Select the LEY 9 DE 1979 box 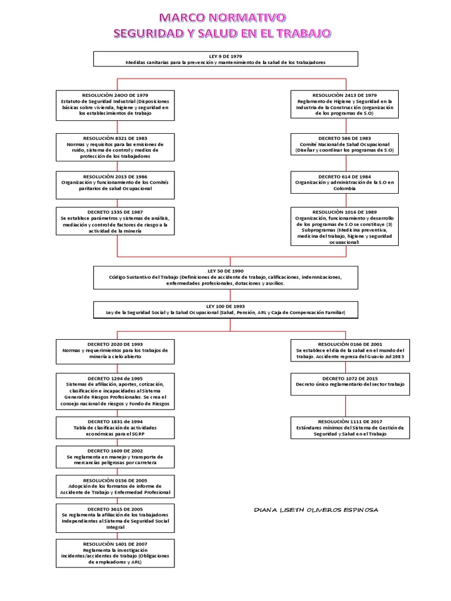(x=225, y=59)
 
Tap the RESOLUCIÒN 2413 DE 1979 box (x=345, y=104)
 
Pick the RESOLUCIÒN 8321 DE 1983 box (x=115, y=147)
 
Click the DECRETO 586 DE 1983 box (x=345, y=144)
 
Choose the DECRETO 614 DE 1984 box (x=345, y=183)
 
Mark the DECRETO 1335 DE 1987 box (x=115, y=221)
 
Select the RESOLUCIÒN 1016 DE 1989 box (x=345, y=226)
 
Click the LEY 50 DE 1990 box (x=225, y=277)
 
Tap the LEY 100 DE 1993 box (x=225, y=309)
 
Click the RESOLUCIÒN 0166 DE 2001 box (x=350, y=350)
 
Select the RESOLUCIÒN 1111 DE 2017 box (x=350, y=427)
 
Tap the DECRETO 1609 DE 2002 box (x=115, y=457)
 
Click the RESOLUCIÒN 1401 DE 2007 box (x=115, y=553)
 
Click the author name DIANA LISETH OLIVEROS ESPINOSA (x=316, y=509)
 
